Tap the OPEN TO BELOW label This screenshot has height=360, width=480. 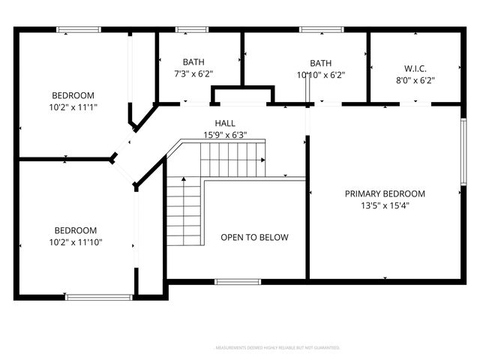254,238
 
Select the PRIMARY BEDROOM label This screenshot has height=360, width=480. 385,193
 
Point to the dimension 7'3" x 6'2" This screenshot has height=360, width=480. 193,74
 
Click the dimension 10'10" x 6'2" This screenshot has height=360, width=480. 321,74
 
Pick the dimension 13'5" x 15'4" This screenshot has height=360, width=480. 385,205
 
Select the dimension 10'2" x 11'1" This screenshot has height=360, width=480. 73,107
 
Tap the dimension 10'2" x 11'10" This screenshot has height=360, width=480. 75,242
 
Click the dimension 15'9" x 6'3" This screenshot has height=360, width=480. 225,135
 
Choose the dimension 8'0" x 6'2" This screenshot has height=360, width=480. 415,80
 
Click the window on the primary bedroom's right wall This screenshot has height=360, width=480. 463,152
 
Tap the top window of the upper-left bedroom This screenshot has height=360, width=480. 79,29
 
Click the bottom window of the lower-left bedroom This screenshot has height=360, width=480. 99,297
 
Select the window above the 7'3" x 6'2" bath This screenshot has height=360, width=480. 192,29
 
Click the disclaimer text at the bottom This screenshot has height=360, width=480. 277,348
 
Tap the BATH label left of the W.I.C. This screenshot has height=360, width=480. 321,63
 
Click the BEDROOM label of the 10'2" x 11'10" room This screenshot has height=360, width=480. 75,230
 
